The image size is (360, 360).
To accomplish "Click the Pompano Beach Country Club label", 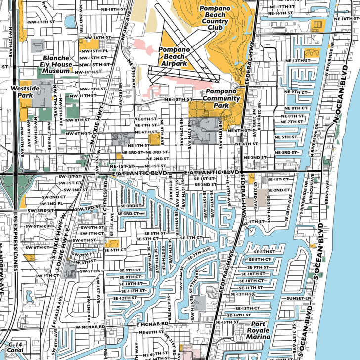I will pyautogui.click(x=214, y=18).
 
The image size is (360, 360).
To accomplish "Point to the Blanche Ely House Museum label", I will pyautogui.click(x=56, y=64).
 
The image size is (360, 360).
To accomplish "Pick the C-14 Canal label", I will pyautogui.click(x=16, y=346).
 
